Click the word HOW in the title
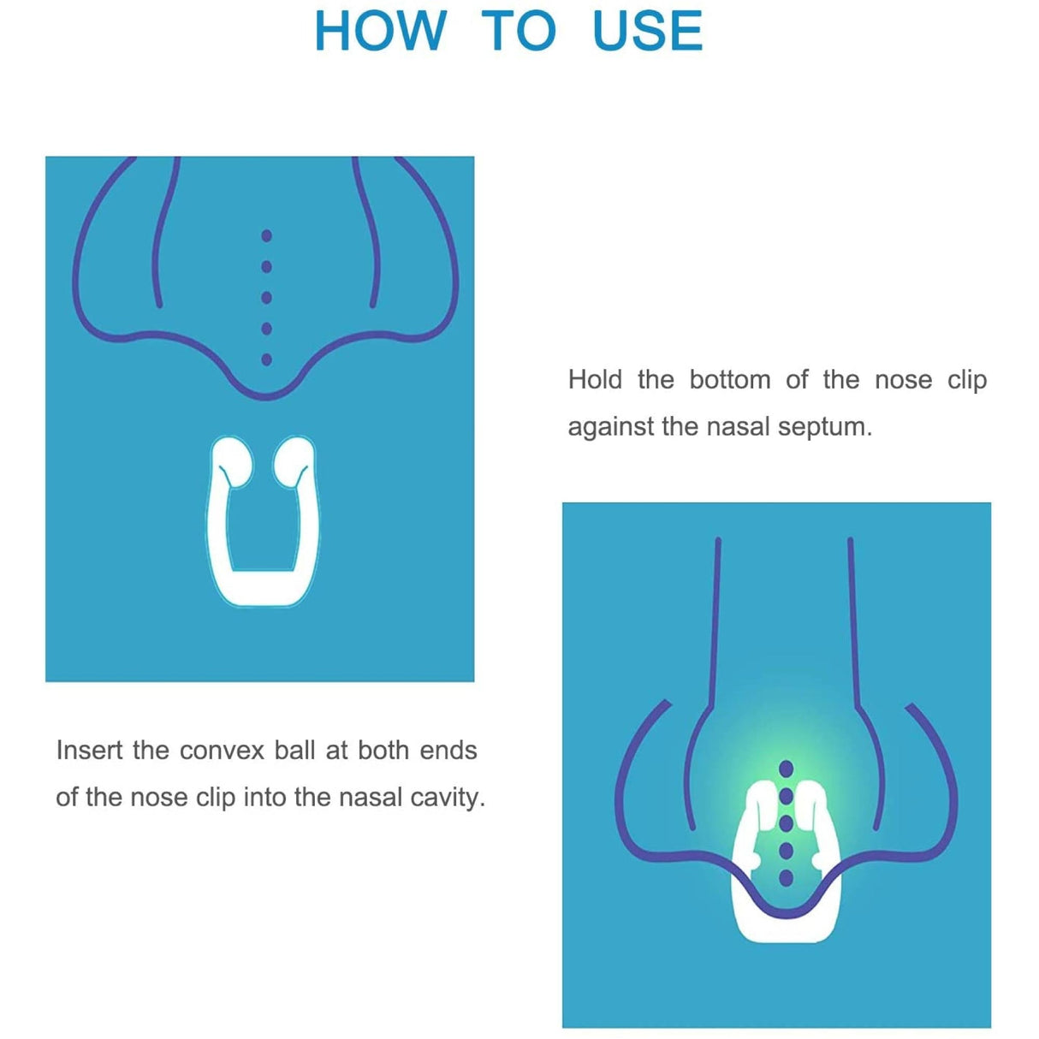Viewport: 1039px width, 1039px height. (x=380, y=32)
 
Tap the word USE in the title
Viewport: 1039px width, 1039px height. (x=647, y=32)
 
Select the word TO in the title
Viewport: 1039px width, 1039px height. (x=519, y=32)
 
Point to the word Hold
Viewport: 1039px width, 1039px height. (x=595, y=379)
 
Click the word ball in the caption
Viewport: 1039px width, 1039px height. (x=295, y=751)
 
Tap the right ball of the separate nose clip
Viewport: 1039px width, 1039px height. (x=294, y=460)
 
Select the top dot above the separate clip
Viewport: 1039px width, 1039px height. (x=266, y=235)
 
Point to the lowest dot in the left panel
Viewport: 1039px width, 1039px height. (x=266, y=359)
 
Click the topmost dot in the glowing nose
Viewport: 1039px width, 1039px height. (x=787, y=769)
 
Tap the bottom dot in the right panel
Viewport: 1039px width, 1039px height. (x=787, y=878)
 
